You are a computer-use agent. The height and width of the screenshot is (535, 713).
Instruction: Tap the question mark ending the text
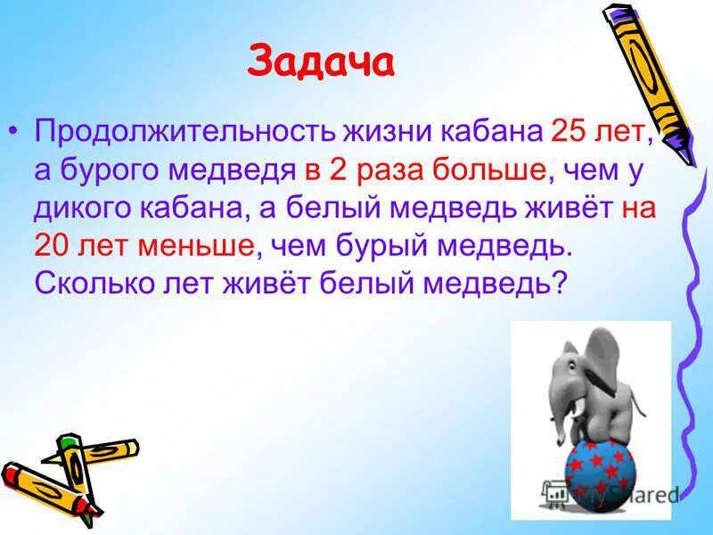560,284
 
